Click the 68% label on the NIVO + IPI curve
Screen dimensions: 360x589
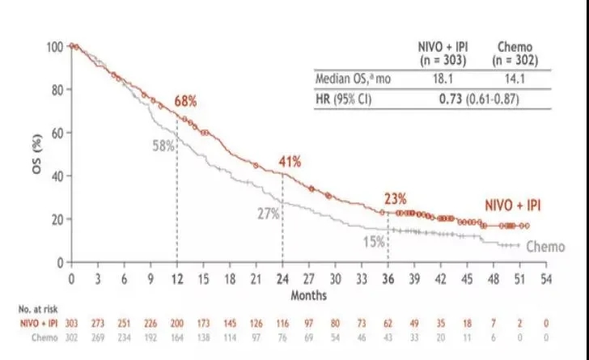tap(186, 101)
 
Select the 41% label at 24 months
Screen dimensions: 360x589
tap(290, 162)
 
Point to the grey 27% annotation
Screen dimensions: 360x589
tap(269, 214)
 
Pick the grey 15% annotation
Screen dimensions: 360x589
tap(373, 241)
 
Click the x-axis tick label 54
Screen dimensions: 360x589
tap(546, 278)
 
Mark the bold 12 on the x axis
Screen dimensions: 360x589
tap(177, 278)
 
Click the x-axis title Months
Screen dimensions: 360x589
tap(308, 295)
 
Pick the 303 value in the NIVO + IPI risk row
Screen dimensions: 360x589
tap(71, 323)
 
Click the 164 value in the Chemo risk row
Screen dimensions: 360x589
tap(177, 337)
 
